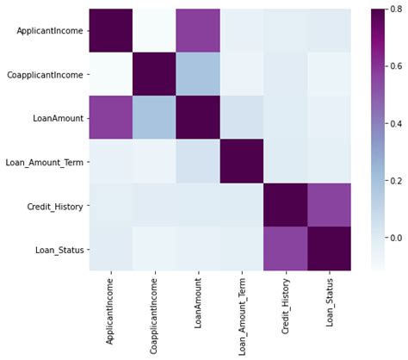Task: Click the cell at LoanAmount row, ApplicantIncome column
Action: click(110, 118)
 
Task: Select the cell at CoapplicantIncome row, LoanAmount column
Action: click(198, 74)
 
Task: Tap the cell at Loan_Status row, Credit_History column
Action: click(285, 250)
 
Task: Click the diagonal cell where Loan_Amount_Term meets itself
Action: click(241, 162)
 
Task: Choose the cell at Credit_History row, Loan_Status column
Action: click(329, 206)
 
